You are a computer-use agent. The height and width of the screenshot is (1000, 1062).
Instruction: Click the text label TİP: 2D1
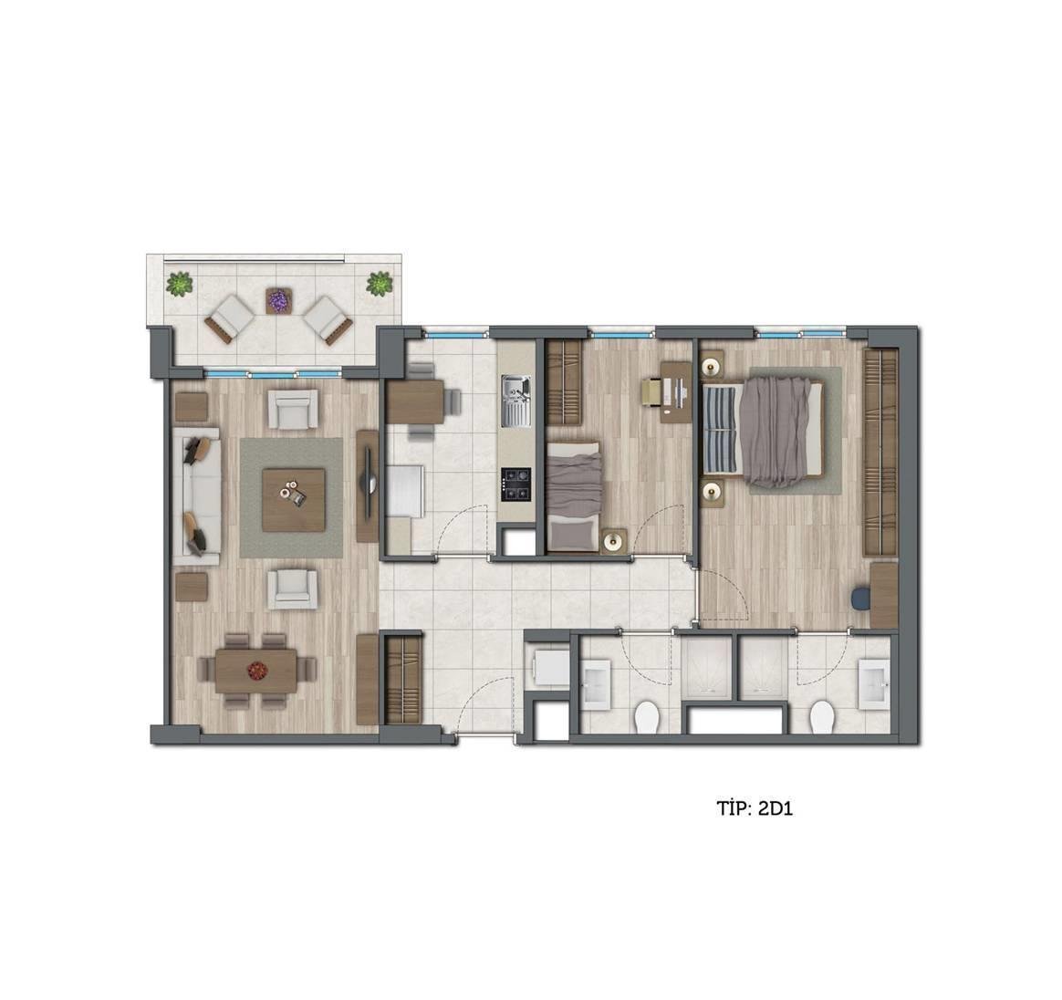pyautogui.click(x=755, y=808)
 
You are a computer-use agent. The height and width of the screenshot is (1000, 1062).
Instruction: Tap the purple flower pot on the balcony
pyautogui.click(x=277, y=300)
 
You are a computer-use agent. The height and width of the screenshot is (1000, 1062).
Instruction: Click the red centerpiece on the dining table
pyautogui.click(x=256, y=671)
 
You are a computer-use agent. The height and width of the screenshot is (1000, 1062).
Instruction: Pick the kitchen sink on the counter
pyautogui.click(x=516, y=402)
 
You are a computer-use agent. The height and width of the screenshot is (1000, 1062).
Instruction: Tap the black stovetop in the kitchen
pyautogui.click(x=516, y=484)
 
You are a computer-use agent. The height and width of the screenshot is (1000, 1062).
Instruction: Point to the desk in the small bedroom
pyautogui.click(x=676, y=391)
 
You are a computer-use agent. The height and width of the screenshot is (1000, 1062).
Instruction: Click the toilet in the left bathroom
pyautogui.click(x=646, y=717)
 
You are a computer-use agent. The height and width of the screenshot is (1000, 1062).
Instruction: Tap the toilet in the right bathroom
pyautogui.click(x=821, y=717)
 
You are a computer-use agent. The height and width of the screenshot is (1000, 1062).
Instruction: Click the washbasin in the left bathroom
pyautogui.click(x=597, y=684)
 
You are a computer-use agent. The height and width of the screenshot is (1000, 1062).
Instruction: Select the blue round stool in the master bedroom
pyautogui.click(x=861, y=599)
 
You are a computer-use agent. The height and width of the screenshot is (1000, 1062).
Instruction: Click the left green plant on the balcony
pyautogui.click(x=180, y=284)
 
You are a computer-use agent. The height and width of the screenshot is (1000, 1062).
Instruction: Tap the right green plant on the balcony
pyautogui.click(x=380, y=284)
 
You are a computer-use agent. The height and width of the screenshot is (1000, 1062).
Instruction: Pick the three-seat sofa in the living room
pyautogui.click(x=197, y=496)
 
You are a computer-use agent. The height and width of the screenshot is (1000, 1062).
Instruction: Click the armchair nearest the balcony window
pyautogui.click(x=293, y=409)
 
